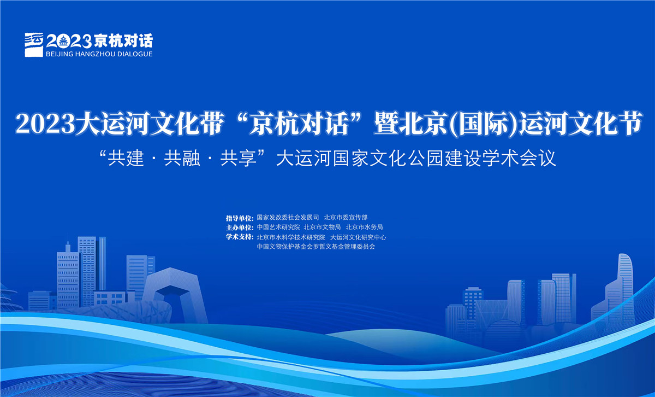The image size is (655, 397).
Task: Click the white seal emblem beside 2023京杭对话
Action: pyautogui.click(x=34, y=44)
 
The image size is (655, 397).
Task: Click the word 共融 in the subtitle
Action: pyautogui.click(x=182, y=158)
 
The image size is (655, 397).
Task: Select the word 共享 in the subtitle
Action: pyautogui.click(x=238, y=158)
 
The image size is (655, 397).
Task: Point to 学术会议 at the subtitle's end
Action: pyautogui.click(x=519, y=158)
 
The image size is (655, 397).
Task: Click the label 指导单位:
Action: pyautogui.click(x=240, y=218)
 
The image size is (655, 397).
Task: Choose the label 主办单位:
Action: pyautogui.click(x=240, y=227)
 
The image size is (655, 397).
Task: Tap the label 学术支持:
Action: pyautogui.click(x=240, y=237)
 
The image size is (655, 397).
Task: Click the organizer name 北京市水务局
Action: pyautogui.click(x=365, y=227)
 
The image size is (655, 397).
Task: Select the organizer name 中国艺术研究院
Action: pyautogui.click(x=278, y=227)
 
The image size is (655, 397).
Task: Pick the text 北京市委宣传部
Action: pyautogui.click(x=346, y=218)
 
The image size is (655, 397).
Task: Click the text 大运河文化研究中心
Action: pyautogui.click(x=358, y=237)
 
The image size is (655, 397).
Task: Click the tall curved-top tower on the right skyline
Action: pyautogui.click(x=624, y=287)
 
